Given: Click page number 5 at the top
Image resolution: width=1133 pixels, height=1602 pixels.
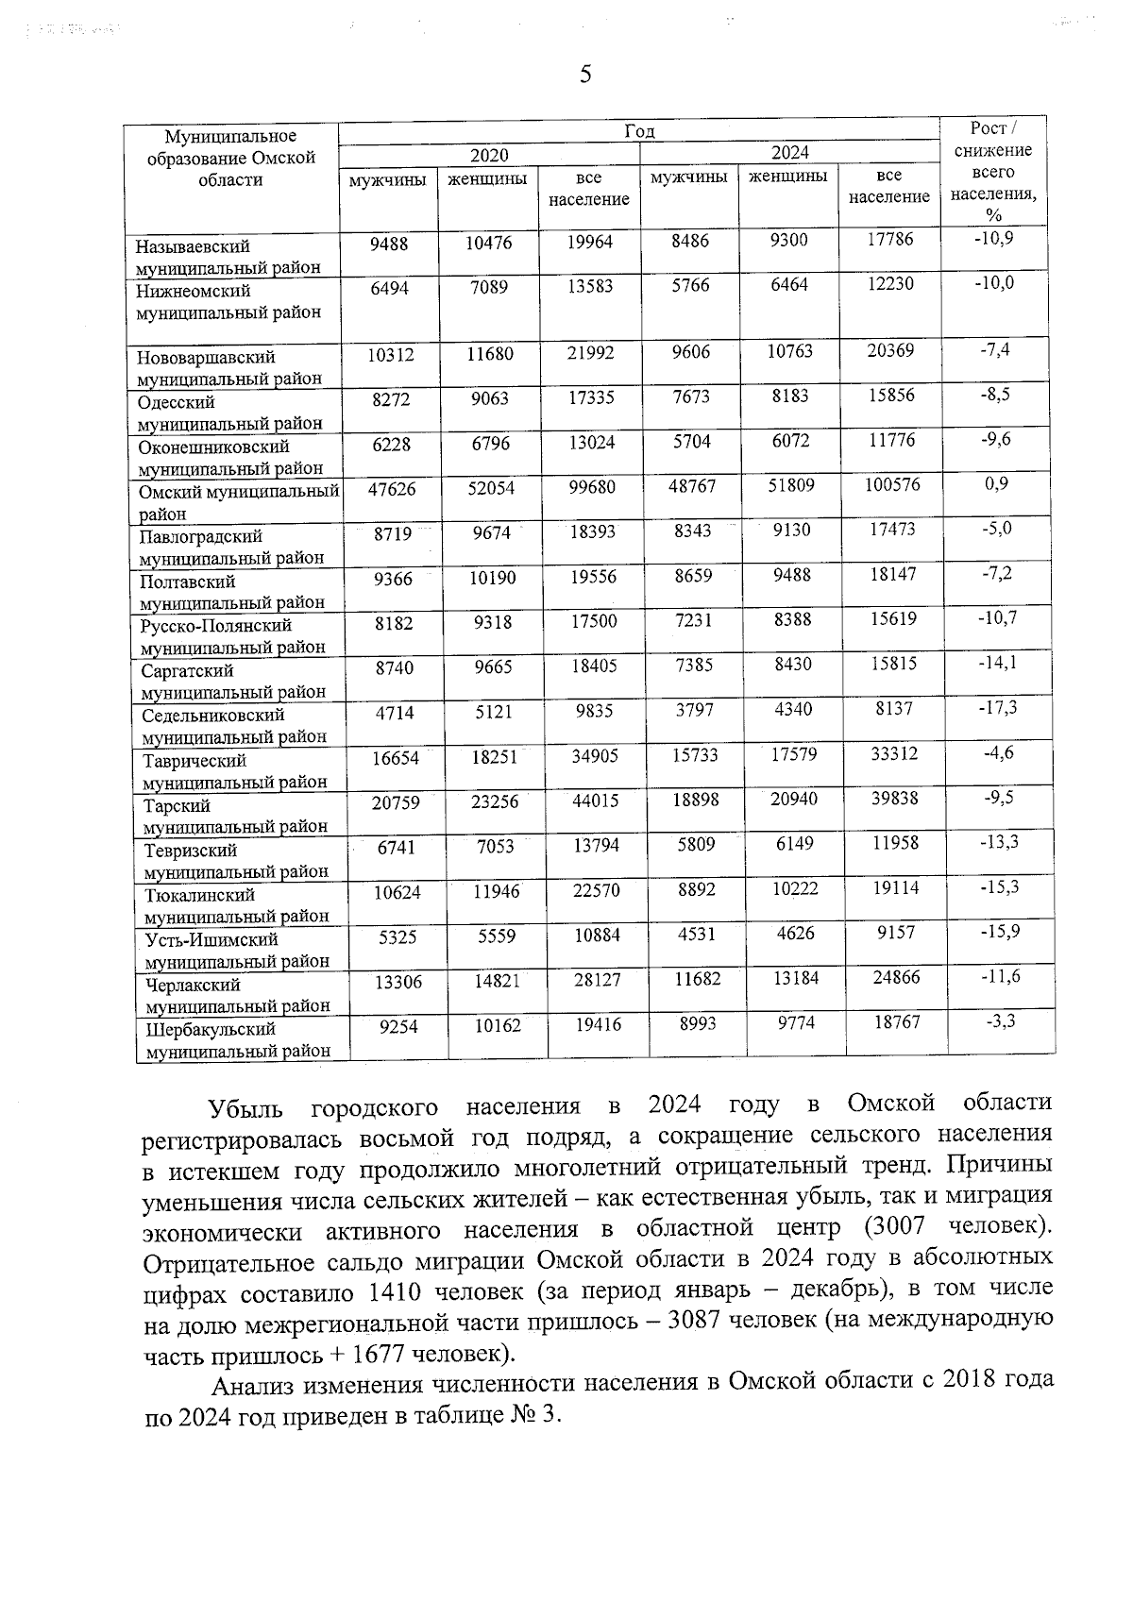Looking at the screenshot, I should pos(585,75).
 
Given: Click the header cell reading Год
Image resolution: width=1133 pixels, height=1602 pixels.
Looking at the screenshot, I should pos(639,132).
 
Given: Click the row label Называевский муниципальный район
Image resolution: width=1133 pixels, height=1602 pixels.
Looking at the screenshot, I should pos(228,256).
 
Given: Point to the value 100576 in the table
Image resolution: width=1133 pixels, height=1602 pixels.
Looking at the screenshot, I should pos(893,485).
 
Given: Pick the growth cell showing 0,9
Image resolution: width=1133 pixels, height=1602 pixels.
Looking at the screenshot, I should pos(995,484).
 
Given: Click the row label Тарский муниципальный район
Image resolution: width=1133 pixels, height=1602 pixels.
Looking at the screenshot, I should pos(235,816).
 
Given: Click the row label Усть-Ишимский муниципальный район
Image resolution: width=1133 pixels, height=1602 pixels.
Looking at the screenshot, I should pos(237,950).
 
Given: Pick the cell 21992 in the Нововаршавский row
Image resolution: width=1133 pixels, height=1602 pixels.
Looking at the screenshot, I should pos(590,353).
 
